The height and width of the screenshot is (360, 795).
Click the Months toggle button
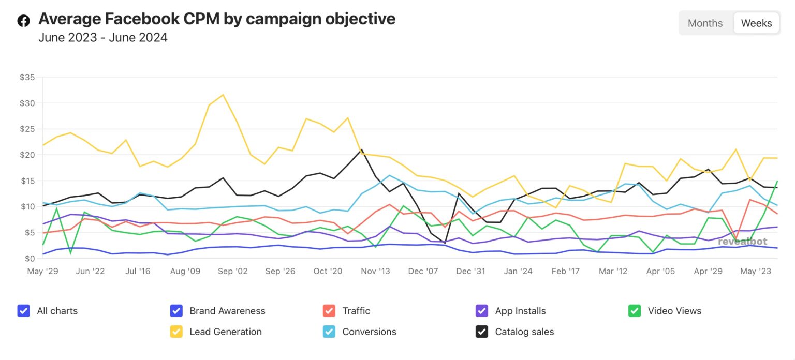click(x=705, y=23)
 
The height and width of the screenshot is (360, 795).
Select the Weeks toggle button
click(x=756, y=23)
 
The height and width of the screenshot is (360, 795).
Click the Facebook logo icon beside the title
click(x=24, y=21)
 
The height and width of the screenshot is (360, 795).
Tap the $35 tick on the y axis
click(x=27, y=78)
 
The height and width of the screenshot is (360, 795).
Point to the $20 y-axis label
click(x=27, y=155)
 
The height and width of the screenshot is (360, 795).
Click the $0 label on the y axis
click(x=30, y=259)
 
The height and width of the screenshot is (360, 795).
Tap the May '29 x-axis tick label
click(x=42, y=272)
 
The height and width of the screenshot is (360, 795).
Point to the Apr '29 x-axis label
click(x=708, y=272)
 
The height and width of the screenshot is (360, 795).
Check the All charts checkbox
click(x=23, y=311)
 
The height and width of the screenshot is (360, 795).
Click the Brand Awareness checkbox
click(x=176, y=311)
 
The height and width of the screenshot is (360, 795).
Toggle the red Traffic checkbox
click(x=329, y=311)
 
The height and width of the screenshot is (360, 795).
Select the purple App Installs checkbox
click(x=481, y=311)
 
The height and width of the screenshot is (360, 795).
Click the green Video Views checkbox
click(x=634, y=311)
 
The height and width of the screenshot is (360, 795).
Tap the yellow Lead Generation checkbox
click(x=176, y=332)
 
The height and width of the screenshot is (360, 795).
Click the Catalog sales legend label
click(x=524, y=332)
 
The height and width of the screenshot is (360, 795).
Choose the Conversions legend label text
click(x=369, y=332)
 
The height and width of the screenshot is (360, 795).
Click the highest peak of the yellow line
click(x=223, y=95)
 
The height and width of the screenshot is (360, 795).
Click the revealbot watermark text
click(x=742, y=241)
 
